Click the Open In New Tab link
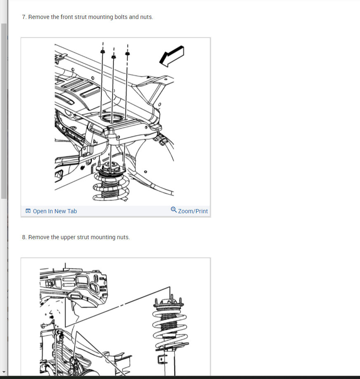point(55,211)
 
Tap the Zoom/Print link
point(193,211)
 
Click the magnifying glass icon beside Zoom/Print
point(174,210)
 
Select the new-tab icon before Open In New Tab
point(28,211)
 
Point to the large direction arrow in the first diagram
point(172,56)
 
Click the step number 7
point(24,17)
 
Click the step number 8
point(24,238)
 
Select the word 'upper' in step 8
point(68,238)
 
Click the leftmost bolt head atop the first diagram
point(102,52)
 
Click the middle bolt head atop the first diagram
point(113,57)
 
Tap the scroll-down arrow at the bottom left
point(4,372)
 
